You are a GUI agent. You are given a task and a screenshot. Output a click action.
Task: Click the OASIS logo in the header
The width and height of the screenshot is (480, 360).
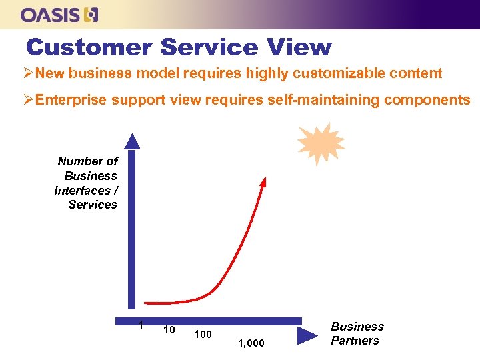click(x=59, y=14)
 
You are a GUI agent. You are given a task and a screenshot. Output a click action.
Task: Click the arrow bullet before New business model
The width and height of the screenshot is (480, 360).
click(x=29, y=73)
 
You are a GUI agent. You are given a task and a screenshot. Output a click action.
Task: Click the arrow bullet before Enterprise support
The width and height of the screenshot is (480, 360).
click(x=29, y=100)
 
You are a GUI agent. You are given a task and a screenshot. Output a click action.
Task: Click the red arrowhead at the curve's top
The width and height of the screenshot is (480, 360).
click(x=263, y=181)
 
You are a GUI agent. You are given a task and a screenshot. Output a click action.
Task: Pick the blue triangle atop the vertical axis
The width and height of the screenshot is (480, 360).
click(x=133, y=141)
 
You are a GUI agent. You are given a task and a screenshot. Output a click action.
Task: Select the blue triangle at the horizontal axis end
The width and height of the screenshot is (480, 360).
click(x=307, y=335)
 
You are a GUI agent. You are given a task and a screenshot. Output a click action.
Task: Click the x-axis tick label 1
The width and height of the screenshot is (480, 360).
click(x=140, y=325)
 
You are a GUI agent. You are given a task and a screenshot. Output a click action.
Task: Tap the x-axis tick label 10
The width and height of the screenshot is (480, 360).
click(x=169, y=329)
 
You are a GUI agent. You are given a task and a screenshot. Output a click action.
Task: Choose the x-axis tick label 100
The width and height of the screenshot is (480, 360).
click(x=203, y=333)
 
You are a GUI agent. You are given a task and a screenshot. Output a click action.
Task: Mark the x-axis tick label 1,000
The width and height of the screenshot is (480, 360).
click(x=251, y=343)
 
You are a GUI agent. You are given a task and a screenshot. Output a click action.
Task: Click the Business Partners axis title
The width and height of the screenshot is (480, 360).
click(x=357, y=333)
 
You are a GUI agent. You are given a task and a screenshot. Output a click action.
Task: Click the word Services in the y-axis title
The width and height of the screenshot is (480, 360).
click(x=93, y=205)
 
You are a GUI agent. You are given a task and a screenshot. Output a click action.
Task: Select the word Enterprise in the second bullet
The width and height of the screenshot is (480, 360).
click(x=72, y=100)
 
